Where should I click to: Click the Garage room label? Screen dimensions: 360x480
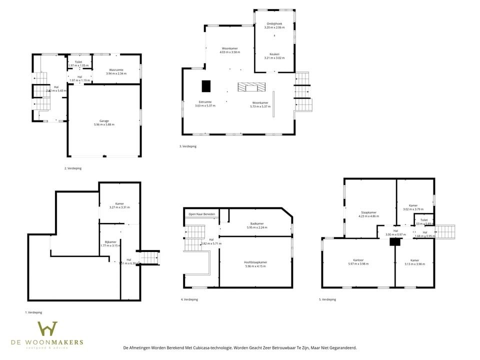pyautogui.click(x=104, y=120)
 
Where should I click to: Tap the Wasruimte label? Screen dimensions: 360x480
pyautogui.click(x=116, y=70)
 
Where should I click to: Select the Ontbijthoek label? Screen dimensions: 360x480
pyautogui.click(x=274, y=23)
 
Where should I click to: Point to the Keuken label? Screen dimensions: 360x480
pyautogui.click(x=274, y=54)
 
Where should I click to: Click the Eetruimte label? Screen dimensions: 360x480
pyautogui.click(x=205, y=102)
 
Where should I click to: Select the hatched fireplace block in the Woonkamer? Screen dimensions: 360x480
pyautogui.click(x=249, y=87)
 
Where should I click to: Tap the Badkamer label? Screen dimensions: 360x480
pyautogui.click(x=257, y=223)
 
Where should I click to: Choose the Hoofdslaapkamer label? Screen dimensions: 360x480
pyautogui.click(x=255, y=262)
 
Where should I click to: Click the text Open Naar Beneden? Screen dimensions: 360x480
pyautogui.click(x=201, y=214)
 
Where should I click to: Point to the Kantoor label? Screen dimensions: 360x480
pyautogui.click(x=358, y=260)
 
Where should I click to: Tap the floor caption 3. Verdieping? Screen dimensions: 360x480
pyautogui.click(x=188, y=146)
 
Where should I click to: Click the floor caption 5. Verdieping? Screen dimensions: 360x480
pyautogui.click(x=327, y=299)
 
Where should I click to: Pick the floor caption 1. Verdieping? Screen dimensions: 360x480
pyautogui.click(x=33, y=312)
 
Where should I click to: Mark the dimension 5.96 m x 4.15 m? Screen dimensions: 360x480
pyautogui.click(x=255, y=266)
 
